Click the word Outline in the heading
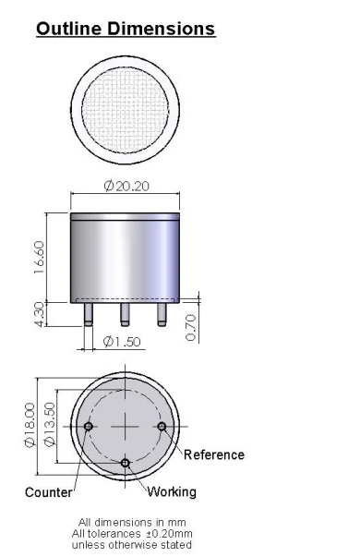tap(68, 29)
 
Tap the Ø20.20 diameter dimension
tap(127, 187)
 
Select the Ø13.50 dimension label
tap(51, 424)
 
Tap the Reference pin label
tap(214, 454)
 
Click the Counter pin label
tap(48, 492)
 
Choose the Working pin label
tap(173, 492)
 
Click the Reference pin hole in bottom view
tap(162, 426)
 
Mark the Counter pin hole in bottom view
tap(89, 426)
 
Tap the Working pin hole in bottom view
tap(126, 462)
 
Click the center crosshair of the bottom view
tap(126, 426)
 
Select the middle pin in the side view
tap(125, 313)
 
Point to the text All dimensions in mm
tap(125, 522)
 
